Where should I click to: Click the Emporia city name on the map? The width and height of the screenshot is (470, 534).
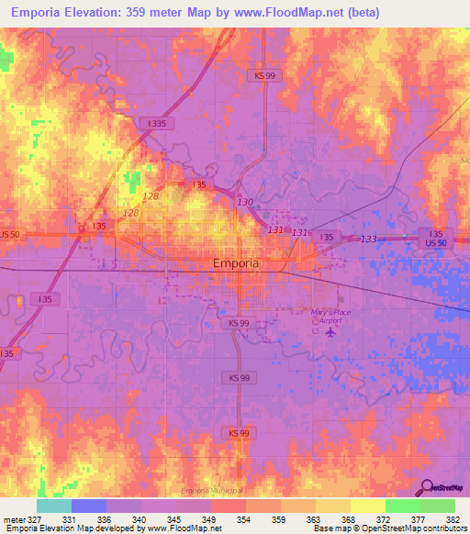(235, 262)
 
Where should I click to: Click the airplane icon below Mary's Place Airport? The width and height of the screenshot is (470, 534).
(330, 331)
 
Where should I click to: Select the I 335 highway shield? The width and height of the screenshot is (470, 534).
(156, 122)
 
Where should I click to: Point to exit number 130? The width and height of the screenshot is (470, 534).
(244, 202)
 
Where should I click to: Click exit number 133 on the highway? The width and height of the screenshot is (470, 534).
(368, 239)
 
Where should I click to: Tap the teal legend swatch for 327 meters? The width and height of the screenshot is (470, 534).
(53, 506)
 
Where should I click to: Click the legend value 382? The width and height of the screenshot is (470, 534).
(453, 518)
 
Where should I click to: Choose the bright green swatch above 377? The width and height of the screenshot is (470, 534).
(402, 506)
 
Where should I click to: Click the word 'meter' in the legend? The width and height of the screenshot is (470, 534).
(15, 518)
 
